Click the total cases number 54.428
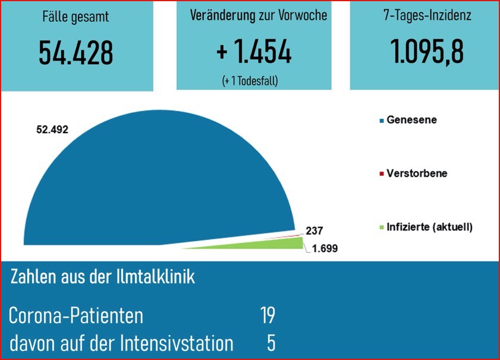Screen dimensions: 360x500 pos(76,53)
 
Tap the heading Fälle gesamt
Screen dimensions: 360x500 pos(76,16)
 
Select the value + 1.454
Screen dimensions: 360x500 pos(254,52)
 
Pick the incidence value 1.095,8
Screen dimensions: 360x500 pos(427,52)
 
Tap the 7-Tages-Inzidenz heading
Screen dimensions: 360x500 pos(427,15)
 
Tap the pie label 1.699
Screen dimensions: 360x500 pos(325,248)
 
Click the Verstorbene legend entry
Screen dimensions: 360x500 pos(416,173)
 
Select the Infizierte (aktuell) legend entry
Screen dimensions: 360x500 pos(429,226)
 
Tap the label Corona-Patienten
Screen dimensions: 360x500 pos(76,315)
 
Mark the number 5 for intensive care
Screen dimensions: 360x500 pos(271,343)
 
